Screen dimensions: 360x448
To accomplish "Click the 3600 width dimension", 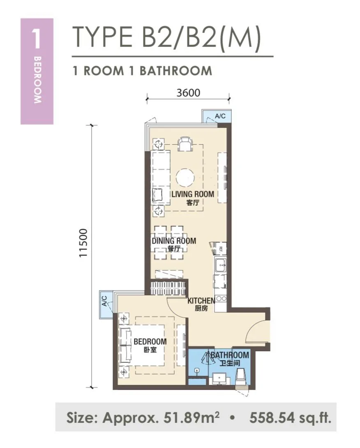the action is pyautogui.click(x=188, y=93).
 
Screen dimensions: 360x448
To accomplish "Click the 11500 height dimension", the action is pyautogui.click(x=83, y=243).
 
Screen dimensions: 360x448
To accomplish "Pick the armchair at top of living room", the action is pyautogui.click(x=185, y=144).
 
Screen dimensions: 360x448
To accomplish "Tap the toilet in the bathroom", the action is pyautogui.click(x=241, y=377).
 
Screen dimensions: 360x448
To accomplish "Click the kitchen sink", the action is pyautogui.click(x=221, y=265).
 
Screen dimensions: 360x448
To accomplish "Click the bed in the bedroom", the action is pyautogui.click(x=142, y=346).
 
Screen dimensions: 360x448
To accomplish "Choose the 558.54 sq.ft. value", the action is pyautogui.click(x=290, y=418).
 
